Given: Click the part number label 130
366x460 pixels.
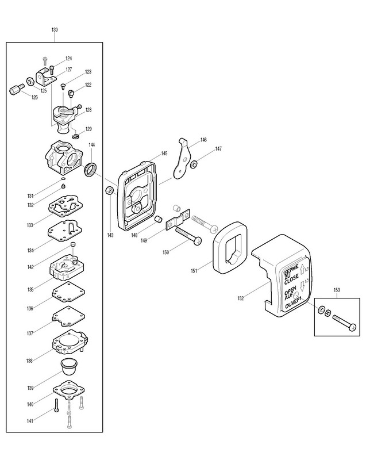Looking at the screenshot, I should point(54,29).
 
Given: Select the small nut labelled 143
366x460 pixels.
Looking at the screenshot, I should point(107,191).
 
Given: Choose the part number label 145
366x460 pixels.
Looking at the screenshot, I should point(164,154).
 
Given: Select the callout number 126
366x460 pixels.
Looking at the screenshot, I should point(34,97).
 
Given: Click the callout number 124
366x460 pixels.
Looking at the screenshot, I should point(68,58).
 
